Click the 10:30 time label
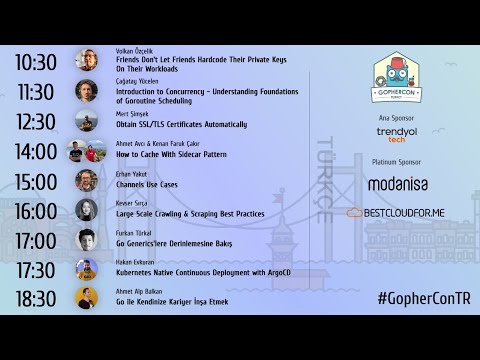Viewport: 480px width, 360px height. tap(36, 62)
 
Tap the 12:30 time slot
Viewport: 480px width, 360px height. tap(36, 122)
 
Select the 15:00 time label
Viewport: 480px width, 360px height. tap(36, 182)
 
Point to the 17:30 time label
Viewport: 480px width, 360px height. tap(36, 270)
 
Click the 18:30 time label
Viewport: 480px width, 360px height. tap(36, 299)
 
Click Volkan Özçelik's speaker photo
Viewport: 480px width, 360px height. tap(87, 61)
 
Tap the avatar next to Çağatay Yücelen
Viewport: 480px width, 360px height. tap(87, 91)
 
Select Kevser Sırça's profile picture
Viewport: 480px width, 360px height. tap(87, 210)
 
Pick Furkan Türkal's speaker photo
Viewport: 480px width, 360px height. tap(87, 240)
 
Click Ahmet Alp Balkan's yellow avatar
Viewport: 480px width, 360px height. tap(87, 298)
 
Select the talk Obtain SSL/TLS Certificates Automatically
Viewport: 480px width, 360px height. tap(181, 125)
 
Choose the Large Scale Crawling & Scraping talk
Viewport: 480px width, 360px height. tap(189, 214)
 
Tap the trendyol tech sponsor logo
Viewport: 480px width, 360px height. tap(396, 134)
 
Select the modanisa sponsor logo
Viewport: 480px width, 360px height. tap(398, 184)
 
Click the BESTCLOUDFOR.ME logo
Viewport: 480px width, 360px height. tap(396, 213)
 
